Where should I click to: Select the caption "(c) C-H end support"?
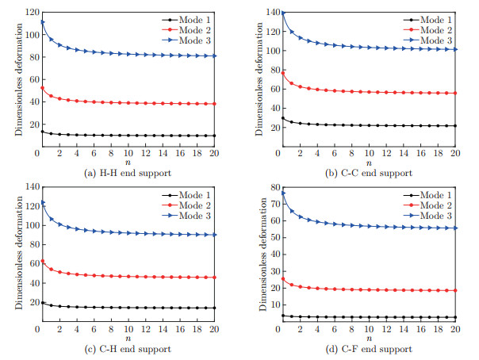click(126, 349)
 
